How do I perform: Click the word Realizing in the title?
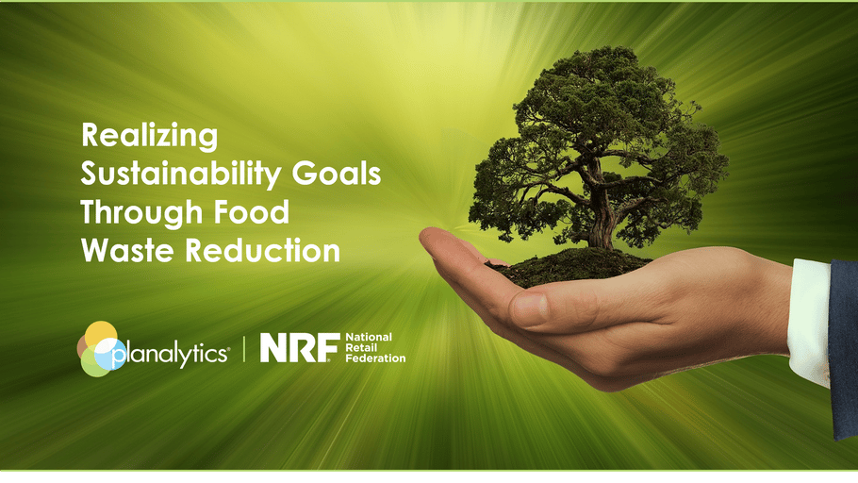[149, 135]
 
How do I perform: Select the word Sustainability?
[181, 175]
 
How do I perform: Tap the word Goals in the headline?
[336, 173]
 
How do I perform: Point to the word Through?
[141, 212]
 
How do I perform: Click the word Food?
[251, 212]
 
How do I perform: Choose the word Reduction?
[263, 250]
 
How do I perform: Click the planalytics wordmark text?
[170, 355]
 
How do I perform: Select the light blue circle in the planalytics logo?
[110, 354]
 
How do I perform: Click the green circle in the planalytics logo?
[94, 363]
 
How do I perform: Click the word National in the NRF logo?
[369, 338]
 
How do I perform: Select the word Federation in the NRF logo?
[375, 358]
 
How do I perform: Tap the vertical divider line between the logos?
[244, 348]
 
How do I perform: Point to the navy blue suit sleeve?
[843, 348]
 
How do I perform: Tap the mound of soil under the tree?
[569, 266]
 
